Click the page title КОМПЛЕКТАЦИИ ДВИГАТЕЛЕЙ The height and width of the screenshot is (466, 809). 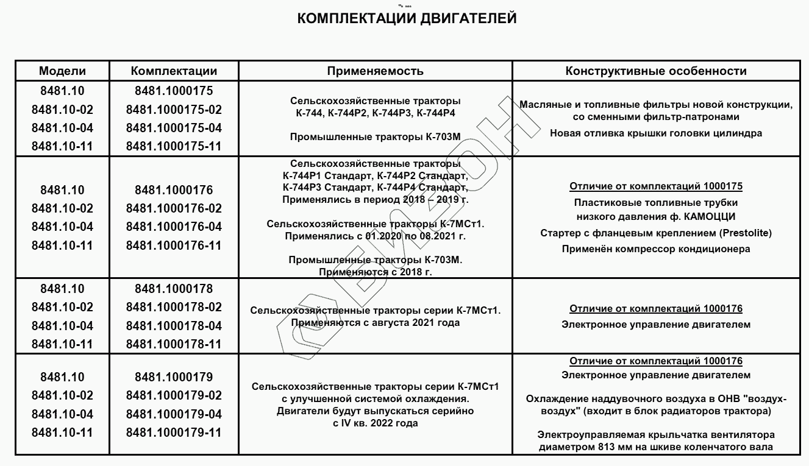tap(407, 19)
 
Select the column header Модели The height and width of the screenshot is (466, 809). tap(62, 71)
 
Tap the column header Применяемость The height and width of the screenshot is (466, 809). tap(375, 71)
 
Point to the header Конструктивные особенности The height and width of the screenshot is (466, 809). tap(656, 71)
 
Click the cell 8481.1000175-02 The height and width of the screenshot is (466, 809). tap(174, 110)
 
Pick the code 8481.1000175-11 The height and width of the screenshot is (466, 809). tap(174, 147)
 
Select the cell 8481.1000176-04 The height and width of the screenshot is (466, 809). tap(174, 227)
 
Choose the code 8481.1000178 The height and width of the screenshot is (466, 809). tap(174, 289)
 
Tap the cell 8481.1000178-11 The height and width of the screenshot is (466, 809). tap(174, 344)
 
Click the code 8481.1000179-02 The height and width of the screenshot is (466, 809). tap(174, 395)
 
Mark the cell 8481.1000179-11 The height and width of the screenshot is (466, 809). tap(174, 432)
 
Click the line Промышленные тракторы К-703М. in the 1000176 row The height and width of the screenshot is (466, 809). tap(376, 260)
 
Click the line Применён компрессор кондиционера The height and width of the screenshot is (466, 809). tap(656, 249)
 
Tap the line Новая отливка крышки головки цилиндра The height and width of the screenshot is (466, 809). tap(656, 133)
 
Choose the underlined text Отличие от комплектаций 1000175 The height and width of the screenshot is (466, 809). tap(656, 186)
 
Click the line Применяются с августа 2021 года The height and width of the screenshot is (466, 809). tap(376, 322)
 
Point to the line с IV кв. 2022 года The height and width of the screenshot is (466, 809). tap(376, 423)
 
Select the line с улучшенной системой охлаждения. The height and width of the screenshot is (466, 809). tap(376, 399)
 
